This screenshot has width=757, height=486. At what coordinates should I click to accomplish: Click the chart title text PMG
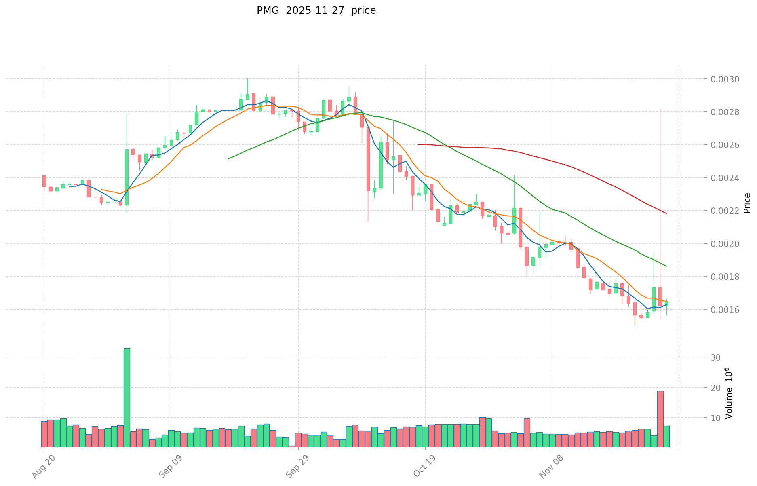(x=268, y=11)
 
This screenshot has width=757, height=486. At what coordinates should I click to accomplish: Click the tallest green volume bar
(x=127, y=397)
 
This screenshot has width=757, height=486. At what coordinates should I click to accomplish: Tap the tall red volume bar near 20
(x=660, y=419)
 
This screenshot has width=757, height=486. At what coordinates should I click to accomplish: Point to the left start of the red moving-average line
(x=419, y=144)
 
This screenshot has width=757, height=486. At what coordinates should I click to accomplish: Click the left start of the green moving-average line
(x=228, y=159)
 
